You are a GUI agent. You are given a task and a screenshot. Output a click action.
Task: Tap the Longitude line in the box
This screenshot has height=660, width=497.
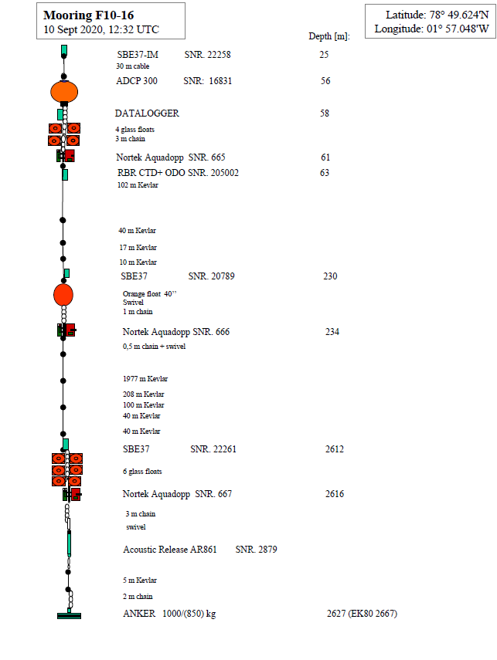431,29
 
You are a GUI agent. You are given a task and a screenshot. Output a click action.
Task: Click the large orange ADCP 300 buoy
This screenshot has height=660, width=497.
64,91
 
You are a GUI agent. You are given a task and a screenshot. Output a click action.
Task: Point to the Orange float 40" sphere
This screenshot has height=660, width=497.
63,294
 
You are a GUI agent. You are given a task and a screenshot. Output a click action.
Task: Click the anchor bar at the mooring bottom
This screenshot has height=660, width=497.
69,615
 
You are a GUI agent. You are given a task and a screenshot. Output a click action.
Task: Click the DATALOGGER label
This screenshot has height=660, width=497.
147,113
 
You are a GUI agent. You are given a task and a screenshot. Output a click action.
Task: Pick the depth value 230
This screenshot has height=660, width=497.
330,276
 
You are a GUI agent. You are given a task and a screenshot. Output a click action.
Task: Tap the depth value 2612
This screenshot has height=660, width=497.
335,449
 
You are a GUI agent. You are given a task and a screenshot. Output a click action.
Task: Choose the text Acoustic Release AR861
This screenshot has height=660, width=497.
170,550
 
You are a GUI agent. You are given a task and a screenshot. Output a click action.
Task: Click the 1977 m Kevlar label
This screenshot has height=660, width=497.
145,379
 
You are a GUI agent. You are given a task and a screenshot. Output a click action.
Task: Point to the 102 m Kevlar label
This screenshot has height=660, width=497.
138,185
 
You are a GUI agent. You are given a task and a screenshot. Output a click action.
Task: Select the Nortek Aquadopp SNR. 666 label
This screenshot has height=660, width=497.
176,332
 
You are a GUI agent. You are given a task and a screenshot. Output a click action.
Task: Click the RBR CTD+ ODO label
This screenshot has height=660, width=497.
151,173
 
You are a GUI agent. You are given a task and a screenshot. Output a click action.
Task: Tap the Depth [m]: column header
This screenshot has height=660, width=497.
328,36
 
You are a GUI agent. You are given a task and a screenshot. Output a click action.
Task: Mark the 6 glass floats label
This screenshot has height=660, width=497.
142,471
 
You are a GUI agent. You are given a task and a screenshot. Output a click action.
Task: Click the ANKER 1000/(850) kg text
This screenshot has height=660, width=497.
169,614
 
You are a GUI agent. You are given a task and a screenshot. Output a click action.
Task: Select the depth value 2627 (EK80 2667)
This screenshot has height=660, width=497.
362,614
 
